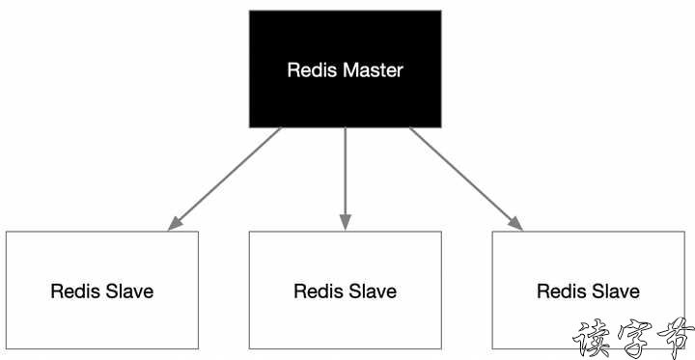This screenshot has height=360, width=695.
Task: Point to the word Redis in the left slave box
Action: coord(73,291)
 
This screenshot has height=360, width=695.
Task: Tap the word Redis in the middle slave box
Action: coord(317,291)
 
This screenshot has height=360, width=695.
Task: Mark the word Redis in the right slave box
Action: coord(560,291)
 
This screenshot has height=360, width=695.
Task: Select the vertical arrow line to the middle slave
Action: coord(345,174)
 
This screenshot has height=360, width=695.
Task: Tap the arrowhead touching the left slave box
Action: coord(174,224)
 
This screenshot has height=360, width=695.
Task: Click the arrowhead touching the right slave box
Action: coord(515,224)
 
